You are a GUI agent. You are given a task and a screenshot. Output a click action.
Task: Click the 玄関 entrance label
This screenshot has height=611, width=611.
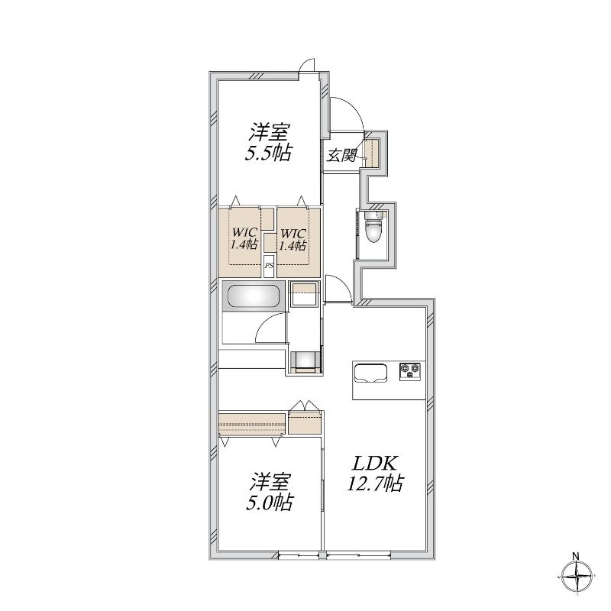[x=341, y=156]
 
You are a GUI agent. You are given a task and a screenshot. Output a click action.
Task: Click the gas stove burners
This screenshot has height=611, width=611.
[x=410, y=370]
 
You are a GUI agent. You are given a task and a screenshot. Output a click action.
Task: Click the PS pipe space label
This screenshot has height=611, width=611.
[x=269, y=266]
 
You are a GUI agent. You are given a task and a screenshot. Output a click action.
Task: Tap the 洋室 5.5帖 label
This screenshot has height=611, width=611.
[x=269, y=142]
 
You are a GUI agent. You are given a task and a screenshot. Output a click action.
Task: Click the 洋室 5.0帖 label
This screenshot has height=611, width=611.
[x=269, y=492]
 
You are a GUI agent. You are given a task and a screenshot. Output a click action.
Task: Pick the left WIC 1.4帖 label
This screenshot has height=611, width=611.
[x=244, y=239]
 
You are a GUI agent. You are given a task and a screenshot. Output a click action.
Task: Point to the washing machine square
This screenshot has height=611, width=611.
[x=304, y=294]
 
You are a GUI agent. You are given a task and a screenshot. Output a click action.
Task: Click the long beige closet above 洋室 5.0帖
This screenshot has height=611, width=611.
[x=252, y=424]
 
